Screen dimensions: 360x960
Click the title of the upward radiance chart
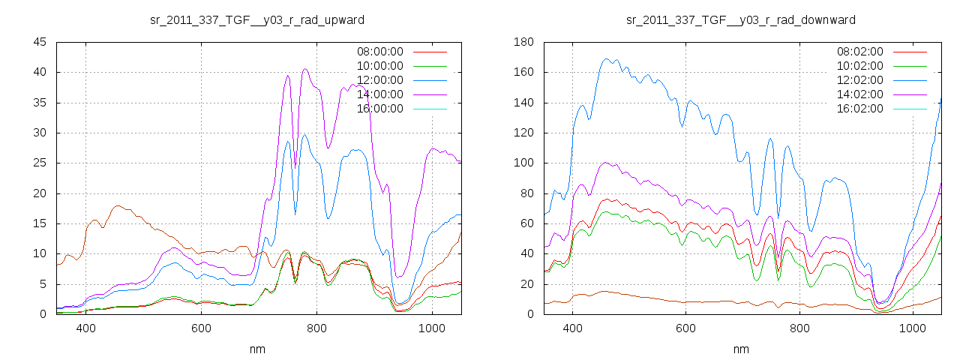[258, 19]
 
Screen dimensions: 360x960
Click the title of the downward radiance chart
[741, 19]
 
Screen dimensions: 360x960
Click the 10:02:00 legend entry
[860, 66]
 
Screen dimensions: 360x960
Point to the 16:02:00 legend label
[860, 109]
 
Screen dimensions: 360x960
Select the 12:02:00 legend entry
[860, 80]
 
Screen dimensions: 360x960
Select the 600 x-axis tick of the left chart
[201, 328]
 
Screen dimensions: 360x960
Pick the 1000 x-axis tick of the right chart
[913, 328]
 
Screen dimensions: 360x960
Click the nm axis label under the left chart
[258, 349]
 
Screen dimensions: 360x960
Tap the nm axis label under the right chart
[741, 349]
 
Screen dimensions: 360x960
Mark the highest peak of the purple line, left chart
[305, 69]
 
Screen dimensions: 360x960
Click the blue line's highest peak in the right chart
[607, 58]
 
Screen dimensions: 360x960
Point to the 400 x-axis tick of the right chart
[573, 328]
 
